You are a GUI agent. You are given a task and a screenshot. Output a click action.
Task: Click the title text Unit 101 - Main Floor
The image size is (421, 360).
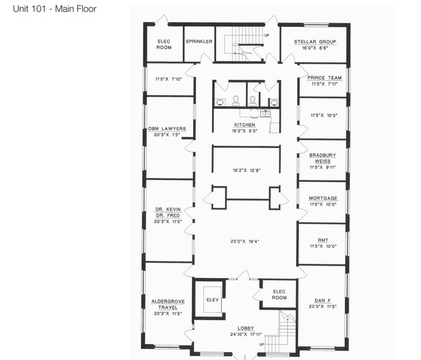tap(55, 10)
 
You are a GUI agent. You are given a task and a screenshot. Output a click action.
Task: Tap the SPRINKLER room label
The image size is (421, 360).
tap(199, 42)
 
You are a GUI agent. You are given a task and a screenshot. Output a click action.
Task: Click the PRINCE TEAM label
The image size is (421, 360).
tap(324, 78)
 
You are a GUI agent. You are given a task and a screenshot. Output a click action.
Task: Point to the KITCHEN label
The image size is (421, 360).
tap(244, 125)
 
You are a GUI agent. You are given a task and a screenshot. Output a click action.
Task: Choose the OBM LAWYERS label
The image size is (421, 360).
tap(167, 129)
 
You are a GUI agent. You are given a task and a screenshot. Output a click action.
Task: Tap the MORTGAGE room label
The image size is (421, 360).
tap(324, 198)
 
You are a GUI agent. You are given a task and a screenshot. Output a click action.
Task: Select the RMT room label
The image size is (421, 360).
tap(324, 241)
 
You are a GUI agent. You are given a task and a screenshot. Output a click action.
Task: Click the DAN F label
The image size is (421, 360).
tap(324, 300)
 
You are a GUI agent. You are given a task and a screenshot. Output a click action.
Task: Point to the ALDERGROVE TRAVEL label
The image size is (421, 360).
tap(167, 304)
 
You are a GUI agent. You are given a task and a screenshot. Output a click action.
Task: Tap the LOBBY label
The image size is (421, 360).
tap(244, 328)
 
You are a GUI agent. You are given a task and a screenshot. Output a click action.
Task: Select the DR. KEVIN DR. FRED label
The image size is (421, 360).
tap(168, 213)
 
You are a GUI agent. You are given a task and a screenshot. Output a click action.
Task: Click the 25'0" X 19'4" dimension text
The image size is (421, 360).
tap(245, 241)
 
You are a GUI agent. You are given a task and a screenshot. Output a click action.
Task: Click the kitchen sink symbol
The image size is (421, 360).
tap(265, 113)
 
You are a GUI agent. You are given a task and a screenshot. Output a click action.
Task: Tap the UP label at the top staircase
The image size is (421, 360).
tap(267, 35)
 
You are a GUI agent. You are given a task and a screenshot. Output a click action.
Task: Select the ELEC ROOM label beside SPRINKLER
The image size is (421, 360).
tap(164, 44)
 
